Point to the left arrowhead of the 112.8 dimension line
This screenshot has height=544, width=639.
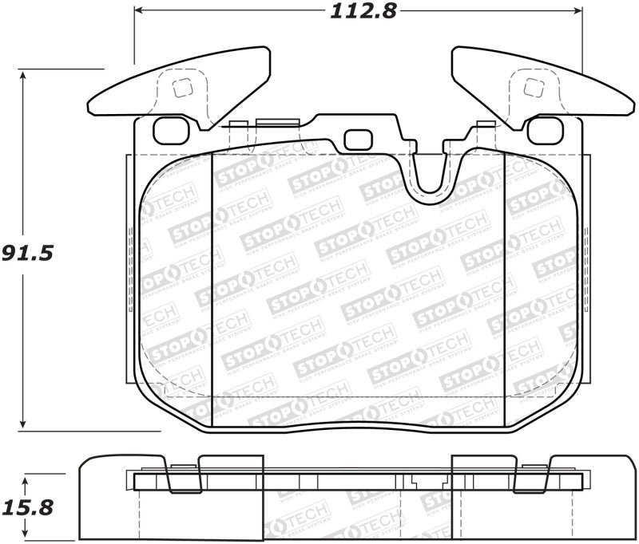pos(138,11)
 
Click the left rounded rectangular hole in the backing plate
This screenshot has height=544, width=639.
pos(169,130)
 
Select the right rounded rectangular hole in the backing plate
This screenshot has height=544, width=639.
pos(546,130)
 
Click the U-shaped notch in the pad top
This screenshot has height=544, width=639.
pos(431,171)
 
